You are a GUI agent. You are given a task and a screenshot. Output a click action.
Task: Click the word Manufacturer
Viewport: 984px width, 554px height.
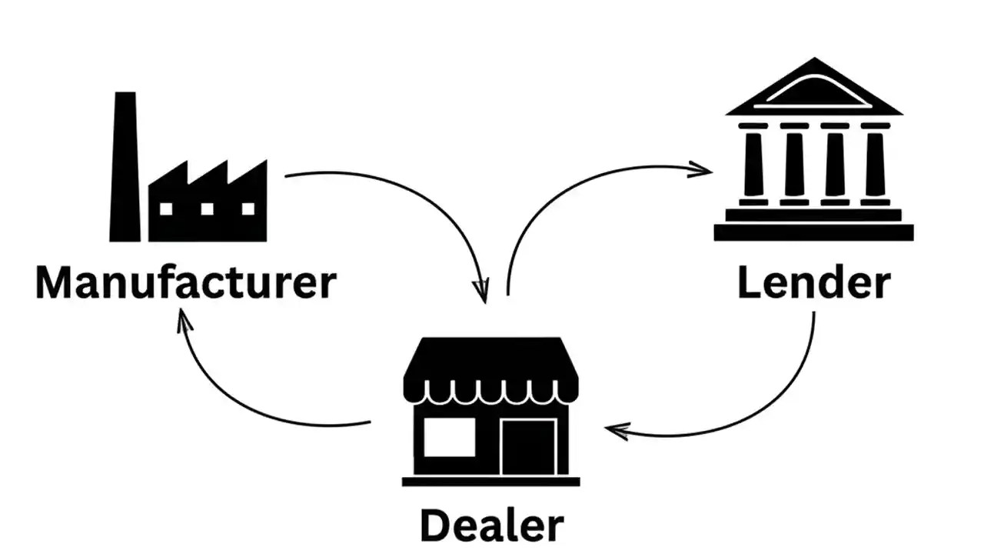[185, 282]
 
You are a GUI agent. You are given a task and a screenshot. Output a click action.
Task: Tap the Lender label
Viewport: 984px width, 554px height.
[813, 283]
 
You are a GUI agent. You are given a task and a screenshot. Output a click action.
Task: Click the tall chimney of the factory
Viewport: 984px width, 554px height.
[125, 165]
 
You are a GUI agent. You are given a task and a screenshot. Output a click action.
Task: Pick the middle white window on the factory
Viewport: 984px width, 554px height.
[207, 209]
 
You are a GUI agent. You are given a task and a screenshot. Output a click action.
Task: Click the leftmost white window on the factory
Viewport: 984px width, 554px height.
[166, 209]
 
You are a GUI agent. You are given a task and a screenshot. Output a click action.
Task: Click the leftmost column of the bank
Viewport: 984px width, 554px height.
[753, 164]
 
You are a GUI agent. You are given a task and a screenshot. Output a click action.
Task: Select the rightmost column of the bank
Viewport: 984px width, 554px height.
[875, 164]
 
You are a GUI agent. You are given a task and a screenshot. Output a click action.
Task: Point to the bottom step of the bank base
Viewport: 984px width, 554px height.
[813, 232]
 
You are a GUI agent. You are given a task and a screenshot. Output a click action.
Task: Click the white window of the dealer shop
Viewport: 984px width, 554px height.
[449, 437]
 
